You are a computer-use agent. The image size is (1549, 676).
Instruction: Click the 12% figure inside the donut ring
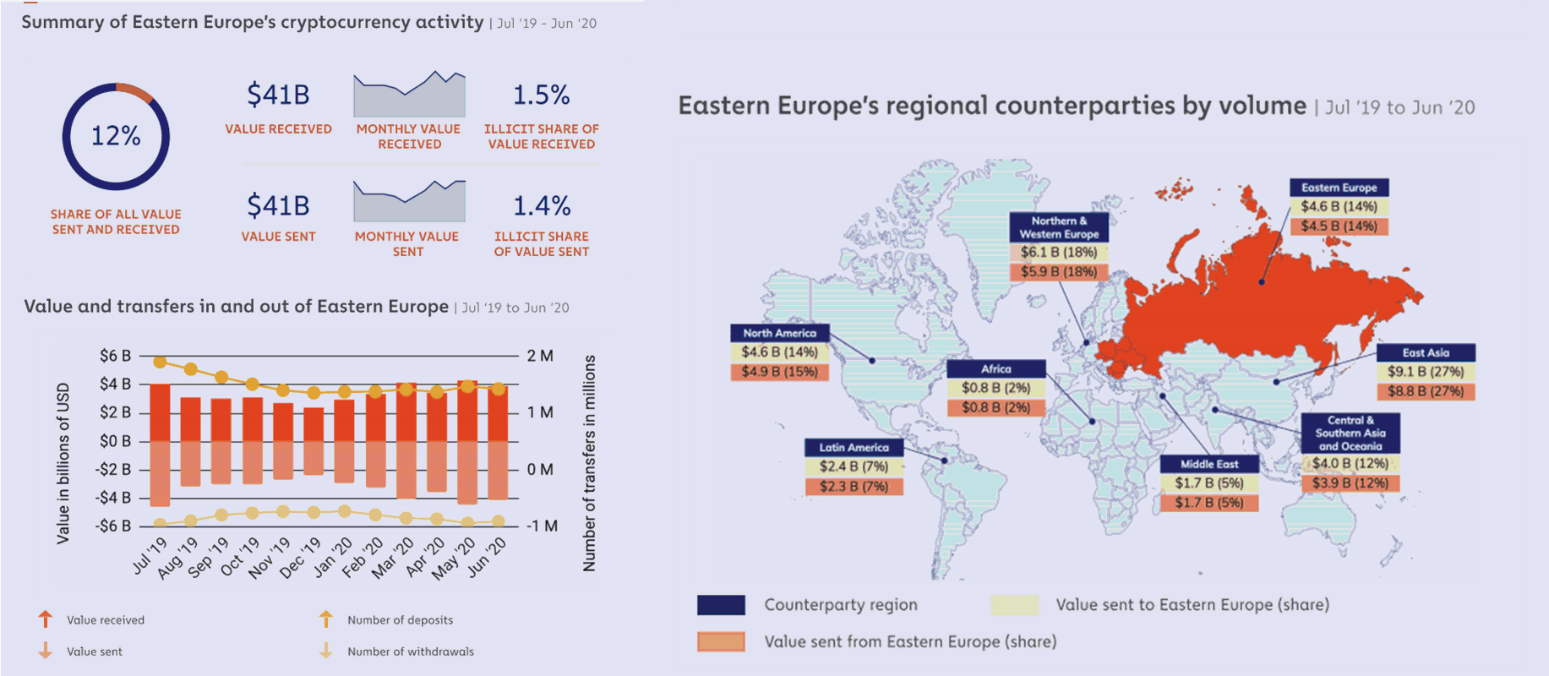point(116,136)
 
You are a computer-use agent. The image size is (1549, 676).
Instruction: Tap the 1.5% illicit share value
point(542,95)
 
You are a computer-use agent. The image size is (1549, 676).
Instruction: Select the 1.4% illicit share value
point(542,205)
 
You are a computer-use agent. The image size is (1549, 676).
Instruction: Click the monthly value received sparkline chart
point(409,94)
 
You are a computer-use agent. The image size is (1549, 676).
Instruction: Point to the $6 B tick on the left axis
point(115,356)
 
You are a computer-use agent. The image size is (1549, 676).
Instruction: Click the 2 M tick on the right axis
point(540,356)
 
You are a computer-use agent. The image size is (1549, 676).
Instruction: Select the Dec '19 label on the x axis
point(301,558)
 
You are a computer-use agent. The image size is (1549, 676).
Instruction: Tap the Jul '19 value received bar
point(160,412)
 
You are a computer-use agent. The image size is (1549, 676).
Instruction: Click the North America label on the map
point(780,333)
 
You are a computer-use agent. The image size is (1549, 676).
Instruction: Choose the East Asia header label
point(1426,352)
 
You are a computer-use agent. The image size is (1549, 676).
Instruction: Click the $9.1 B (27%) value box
point(1426,372)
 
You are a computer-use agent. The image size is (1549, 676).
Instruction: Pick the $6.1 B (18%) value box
point(1059,252)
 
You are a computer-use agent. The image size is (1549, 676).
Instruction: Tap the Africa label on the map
point(996,368)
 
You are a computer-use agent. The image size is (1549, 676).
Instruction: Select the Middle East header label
point(1209,464)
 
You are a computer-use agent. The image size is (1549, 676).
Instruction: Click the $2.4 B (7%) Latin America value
point(854,466)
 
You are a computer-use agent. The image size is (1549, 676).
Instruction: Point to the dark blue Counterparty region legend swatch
point(721,605)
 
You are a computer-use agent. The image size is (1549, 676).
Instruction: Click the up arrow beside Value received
point(46,619)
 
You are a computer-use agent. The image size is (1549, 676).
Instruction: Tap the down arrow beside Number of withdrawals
point(326,651)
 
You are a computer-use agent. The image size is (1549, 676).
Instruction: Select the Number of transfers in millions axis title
point(590,463)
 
